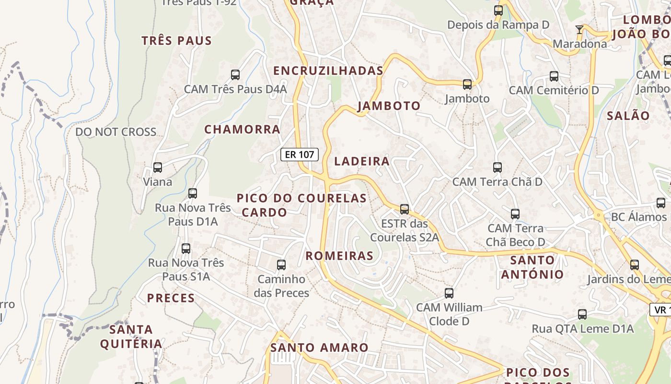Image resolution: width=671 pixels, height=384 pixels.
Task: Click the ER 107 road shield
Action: tap(300, 155)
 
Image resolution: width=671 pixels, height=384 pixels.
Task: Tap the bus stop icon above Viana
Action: tap(158, 168)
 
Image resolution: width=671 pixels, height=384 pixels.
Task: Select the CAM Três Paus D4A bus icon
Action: tap(235, 75)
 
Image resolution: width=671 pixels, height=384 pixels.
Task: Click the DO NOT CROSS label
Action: tap(116, 132)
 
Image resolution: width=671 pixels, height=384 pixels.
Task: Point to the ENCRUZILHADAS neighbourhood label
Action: tap(328, 71)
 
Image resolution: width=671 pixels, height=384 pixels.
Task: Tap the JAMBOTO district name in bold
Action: tap(389, 106)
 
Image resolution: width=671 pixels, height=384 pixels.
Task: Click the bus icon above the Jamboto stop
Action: tap(467, 84)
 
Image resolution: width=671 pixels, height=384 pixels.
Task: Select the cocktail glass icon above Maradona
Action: tap(579, 30)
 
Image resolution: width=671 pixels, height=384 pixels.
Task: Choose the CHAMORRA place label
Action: tap(243, 129)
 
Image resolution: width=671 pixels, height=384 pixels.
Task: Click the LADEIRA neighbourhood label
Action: tap(362, 161)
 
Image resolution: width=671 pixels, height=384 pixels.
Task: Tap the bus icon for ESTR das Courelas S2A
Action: tap(405, 209)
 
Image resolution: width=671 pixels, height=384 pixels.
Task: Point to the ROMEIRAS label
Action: tap(339, 256)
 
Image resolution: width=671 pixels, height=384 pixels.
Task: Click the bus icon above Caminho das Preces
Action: tap(281, 265)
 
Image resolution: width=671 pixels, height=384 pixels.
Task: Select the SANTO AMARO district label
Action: tap(319, 348)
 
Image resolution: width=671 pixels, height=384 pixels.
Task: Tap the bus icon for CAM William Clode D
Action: tap(449, 293)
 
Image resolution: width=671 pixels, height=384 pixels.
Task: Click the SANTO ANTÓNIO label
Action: tap(532, 267)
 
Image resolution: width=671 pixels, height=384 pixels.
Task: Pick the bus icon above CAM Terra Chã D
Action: tap(497, 168)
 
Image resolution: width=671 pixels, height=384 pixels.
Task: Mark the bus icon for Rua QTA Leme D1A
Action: tap(582, 314)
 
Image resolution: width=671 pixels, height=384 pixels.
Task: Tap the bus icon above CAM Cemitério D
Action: tap(554, 76)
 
